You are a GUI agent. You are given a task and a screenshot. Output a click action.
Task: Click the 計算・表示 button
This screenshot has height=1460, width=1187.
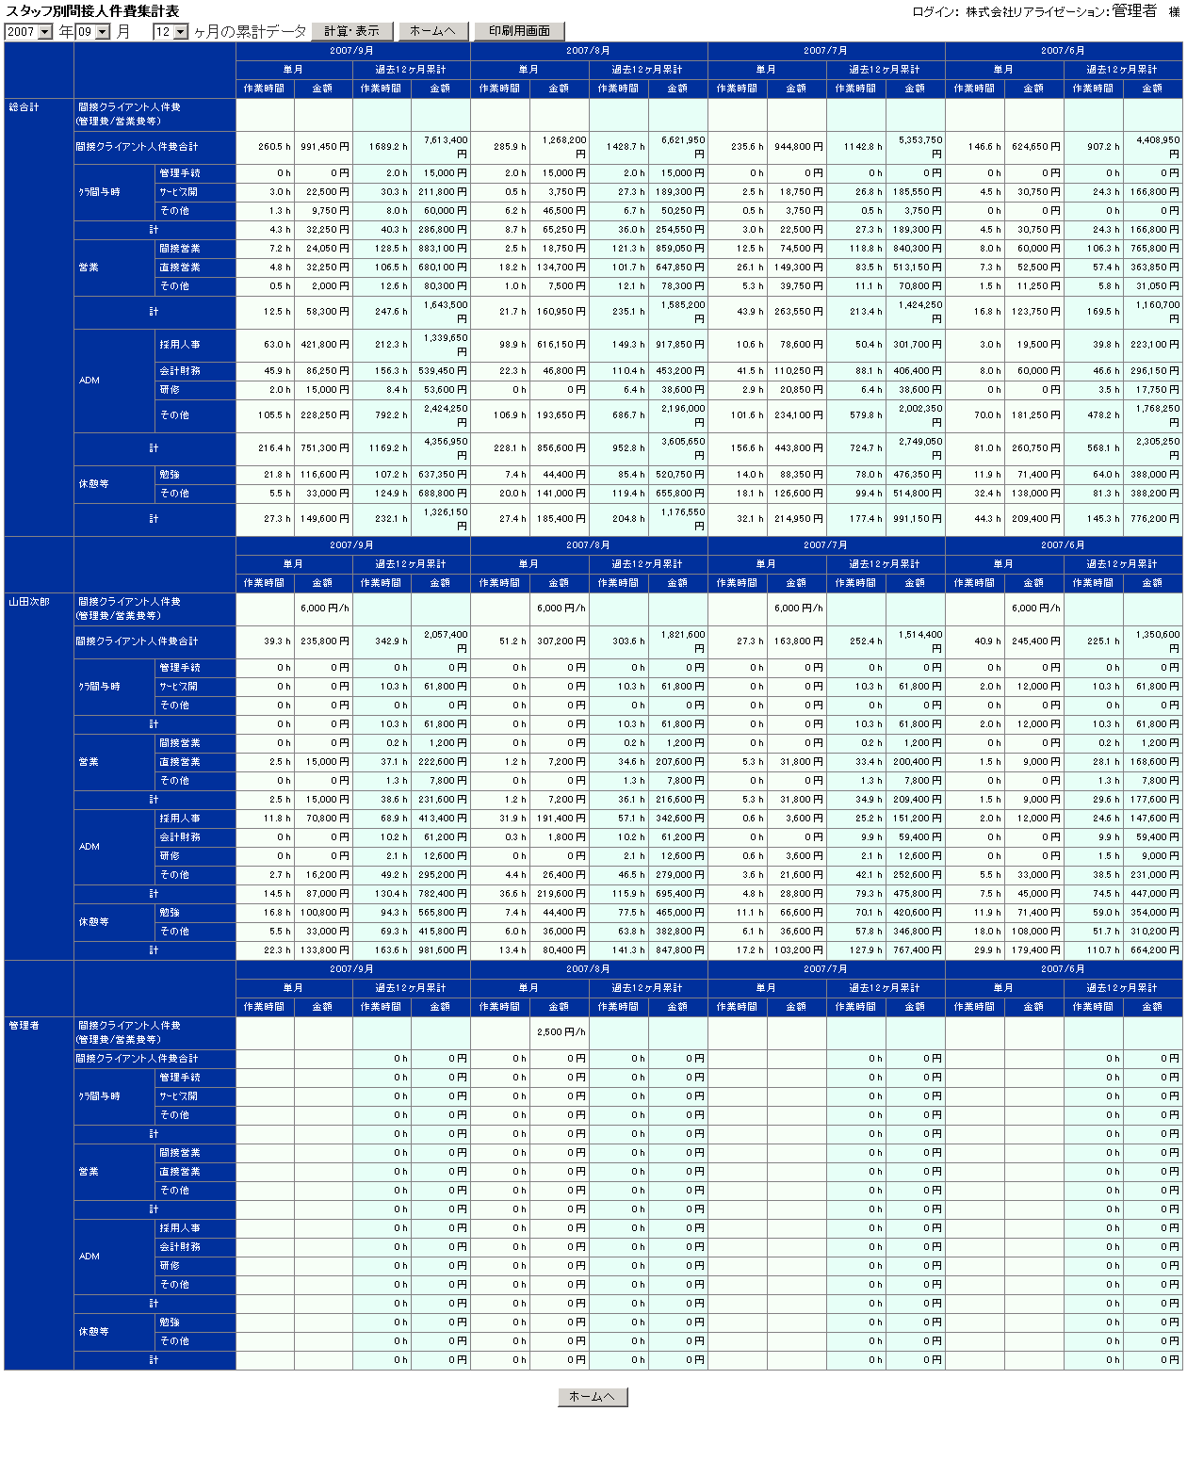(x=352, y=31)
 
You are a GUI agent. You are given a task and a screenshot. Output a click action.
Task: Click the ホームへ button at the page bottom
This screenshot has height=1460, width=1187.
(x=593, y=1397)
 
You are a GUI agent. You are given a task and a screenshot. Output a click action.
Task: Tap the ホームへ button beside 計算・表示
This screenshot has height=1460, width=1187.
(x=433, y=31)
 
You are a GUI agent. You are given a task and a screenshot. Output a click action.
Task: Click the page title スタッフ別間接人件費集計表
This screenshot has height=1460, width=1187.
(x=92, y=11)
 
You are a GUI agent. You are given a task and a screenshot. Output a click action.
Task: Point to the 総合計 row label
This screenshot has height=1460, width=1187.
(x=24, y=107)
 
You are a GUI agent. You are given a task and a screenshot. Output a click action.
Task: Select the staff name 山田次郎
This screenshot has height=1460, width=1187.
(x=29, y=602)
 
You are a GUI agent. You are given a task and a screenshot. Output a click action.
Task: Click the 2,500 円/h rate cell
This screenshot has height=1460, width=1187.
(x=561, y=1032)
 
